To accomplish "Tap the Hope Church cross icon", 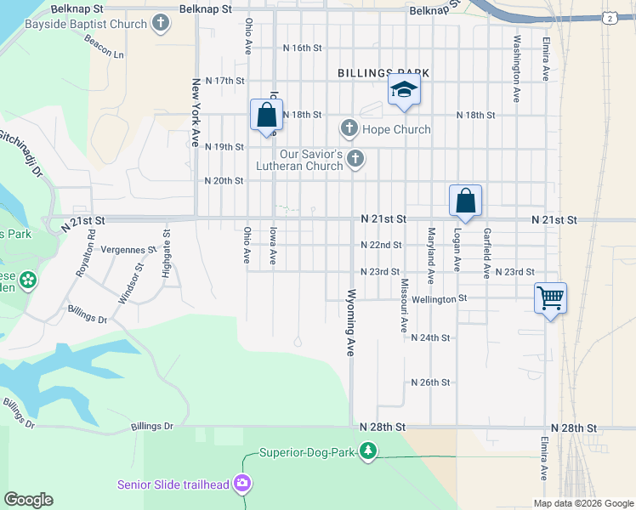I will (x=349, y=129).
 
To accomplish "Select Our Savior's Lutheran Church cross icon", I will (x=356, y=159).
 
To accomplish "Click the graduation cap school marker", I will (x=404, y=89).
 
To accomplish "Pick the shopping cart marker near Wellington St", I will (x=550, y=297).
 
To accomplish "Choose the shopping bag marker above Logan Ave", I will (x=466, y=201).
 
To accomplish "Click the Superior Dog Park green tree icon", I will (x=367, y=451).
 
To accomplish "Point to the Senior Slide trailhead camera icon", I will (x=243, y=484).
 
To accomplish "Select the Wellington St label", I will (x=440, y=298).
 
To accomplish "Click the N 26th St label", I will (x=429, y=382).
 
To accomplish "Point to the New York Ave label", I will (x=196, y=113).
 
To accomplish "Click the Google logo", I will (x=28, y=500).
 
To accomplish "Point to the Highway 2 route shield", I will (x=610, y=18).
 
